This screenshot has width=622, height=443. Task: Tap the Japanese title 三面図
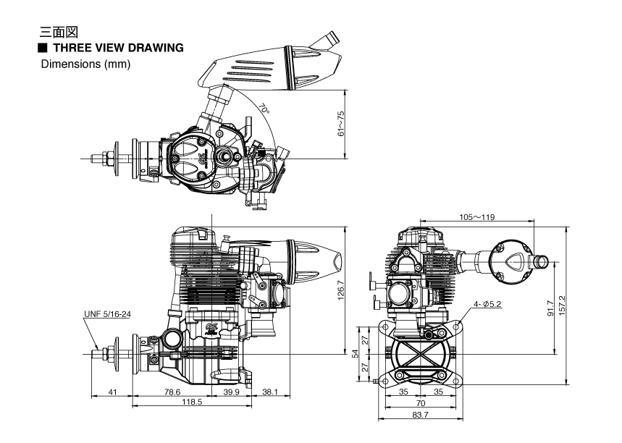(x=60, y=33)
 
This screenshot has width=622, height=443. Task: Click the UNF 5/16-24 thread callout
(x=109, y=313)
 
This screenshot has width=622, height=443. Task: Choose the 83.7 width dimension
(x=421, y=415)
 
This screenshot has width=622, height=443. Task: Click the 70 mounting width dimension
(x=419, y=403)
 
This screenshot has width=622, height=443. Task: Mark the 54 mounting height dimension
(x=355, y=353)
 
